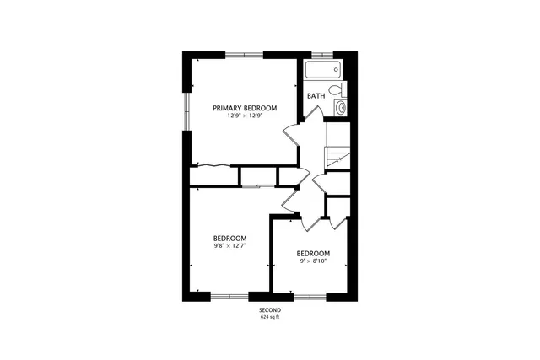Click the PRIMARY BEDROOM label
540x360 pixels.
click(x=244, y=108)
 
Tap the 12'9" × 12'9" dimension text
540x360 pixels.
click(x=244, y=116)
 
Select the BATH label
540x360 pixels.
click(x=316, y=96)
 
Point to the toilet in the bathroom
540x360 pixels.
click(x=334, y=89)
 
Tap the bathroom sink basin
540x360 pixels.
click(x=340, y=107)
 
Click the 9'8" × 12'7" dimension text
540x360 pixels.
click(x=229, y=246)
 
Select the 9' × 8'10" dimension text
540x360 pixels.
click(x=312, y=261)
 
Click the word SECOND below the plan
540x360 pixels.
click(x=269, y=310)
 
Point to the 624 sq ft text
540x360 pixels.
click(x=269, y=317)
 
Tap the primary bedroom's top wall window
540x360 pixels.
click(x=244, y=55)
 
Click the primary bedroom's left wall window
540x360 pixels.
click(x=187, y=110)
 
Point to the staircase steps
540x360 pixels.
click(x=337, y=157)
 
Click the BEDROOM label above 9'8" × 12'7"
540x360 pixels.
click(x=229, y=239)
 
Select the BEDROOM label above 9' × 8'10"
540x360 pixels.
click(x=312, y=254)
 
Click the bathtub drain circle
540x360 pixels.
click(x=336, y=70)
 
